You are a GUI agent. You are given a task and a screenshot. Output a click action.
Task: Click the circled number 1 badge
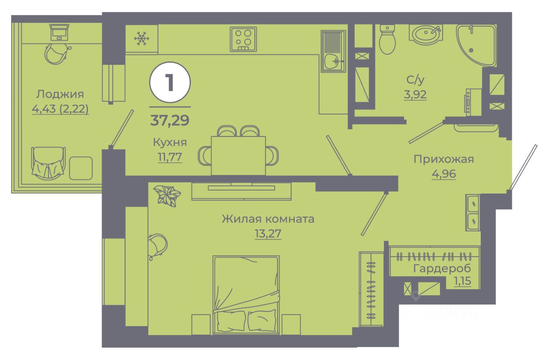tap(170, 82)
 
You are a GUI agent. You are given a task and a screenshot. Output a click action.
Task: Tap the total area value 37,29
tap(169, 120)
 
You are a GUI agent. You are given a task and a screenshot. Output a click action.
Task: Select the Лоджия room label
tap(60, 94)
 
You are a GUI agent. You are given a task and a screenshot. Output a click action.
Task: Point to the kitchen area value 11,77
tap(170, 157)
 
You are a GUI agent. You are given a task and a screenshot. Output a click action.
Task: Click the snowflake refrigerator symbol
tap(142, 39)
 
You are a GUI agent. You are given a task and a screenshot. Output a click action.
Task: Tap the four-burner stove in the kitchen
tap(243, 39)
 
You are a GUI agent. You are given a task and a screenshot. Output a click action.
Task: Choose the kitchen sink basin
tap(333, 61)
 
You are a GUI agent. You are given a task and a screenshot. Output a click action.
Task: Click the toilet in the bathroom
tap(387, 39)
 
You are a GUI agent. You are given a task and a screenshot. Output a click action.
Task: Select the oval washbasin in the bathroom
tap(425, 33)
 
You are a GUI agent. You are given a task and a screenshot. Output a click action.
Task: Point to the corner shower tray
tap(474, 44)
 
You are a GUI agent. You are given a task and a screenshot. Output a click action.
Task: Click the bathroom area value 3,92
tap(415, 94)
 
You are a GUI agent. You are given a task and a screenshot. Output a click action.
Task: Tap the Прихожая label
tap(443, 159)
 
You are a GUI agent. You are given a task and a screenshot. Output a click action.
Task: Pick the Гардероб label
tap(442, 269)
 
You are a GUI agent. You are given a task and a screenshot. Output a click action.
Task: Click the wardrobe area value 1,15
tap(462, 281)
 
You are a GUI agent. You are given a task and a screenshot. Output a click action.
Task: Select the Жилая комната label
tap(268, 219)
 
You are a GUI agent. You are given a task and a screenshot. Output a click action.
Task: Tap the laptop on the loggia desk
tap(59, 32)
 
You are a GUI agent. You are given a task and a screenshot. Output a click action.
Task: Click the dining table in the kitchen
tap(238, 155)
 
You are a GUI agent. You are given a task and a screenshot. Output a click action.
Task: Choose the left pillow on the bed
tap(231, 321)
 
